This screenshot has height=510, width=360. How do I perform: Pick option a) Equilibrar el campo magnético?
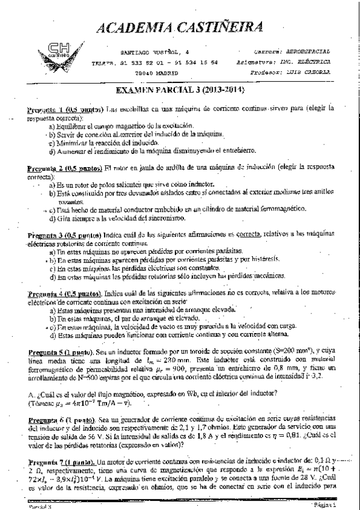(x=109, y=127)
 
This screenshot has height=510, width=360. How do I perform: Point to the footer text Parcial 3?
(x=42, y=506)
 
